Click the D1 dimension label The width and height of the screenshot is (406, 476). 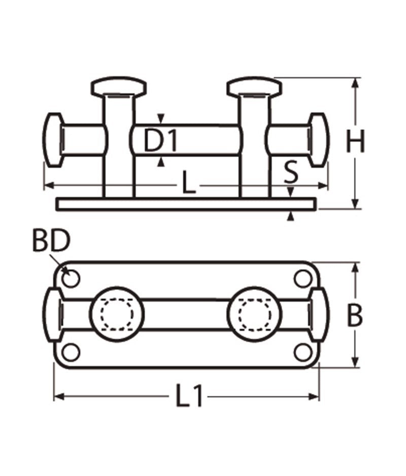(x=160, y=140)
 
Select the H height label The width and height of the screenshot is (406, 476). (x=355, y=141)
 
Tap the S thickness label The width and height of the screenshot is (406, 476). (x=291, y=172)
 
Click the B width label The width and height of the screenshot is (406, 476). (x=355, y=316)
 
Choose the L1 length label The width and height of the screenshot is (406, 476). (x=189, y=395)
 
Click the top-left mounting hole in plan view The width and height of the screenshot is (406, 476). (x=71, y=278)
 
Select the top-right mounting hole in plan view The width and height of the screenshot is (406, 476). (x=303, y=278)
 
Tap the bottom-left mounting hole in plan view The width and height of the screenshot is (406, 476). (x=71, y=352)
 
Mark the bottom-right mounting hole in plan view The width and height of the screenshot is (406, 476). (x=303, y=352)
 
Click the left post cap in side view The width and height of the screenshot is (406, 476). (x=119, y=87)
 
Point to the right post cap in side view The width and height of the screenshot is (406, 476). (x=255, y=87)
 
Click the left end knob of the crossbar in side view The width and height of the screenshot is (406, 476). (x=53, y=139)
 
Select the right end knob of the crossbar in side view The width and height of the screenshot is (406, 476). (x=319, y=139)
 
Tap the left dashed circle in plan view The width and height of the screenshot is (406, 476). (x=117, y=314)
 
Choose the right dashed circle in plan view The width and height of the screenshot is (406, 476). (x=255, y=314)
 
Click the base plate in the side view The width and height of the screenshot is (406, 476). (x=186, y=204)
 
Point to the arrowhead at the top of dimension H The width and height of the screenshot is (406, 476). (x=355, y=83)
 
